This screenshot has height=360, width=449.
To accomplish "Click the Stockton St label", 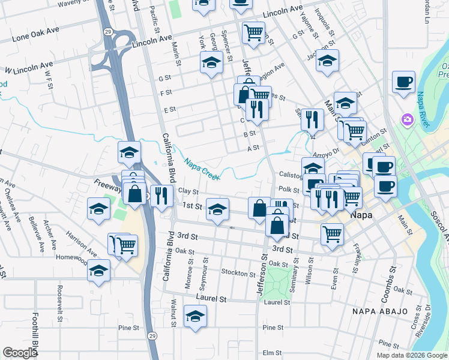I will coord(238,274).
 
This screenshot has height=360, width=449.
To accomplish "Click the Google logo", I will coord(20,352).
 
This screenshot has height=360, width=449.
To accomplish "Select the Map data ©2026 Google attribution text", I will coord(412,355).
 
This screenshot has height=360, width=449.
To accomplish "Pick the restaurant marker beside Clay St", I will coord(161,195).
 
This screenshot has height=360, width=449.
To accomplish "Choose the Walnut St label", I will coord(173,313).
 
